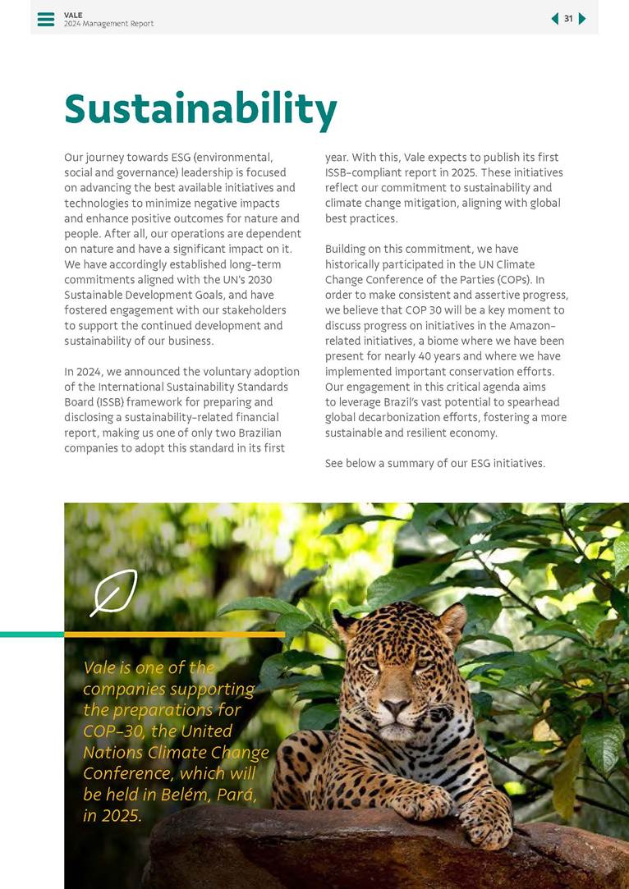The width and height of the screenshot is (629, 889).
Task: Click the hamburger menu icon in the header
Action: [46, 19]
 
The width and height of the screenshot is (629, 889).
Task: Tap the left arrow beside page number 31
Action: [555, 19]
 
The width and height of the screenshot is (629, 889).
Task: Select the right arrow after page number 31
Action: [582, 19]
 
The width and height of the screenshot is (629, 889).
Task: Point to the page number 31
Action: [568, 19]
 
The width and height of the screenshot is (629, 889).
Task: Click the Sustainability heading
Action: [200, 109]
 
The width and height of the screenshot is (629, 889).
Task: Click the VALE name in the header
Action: [73, 15]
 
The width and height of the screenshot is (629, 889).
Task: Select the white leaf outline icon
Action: [114, 592]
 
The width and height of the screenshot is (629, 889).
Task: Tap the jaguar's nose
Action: [396, 706]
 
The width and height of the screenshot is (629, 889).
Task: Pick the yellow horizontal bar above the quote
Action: [174, 635]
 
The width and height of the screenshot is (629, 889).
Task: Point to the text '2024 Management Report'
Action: [108, 24]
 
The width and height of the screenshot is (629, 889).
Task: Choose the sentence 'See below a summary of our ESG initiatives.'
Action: [435, 464]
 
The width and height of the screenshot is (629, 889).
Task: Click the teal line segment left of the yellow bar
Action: [32, 635]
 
